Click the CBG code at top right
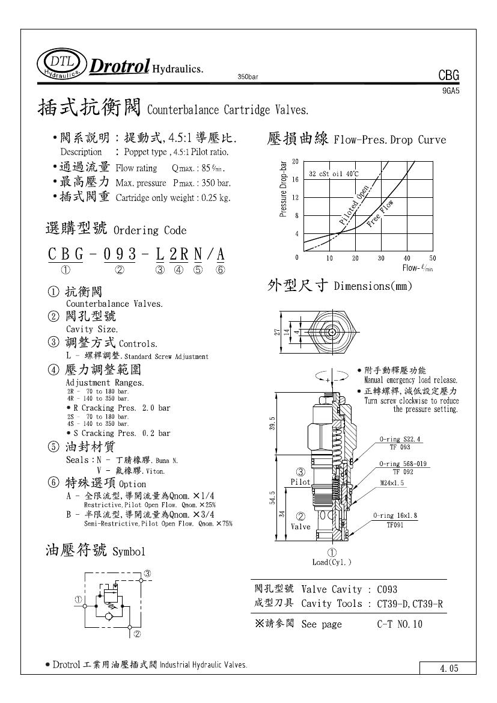(x=448, y=76)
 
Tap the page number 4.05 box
(x=448, y=668)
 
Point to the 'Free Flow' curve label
(x=380, y=212)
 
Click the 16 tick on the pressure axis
(x=295, y=180)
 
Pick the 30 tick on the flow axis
(x=381, y=258)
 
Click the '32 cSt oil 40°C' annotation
(x=334, y=174)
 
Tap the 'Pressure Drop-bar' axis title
(x=284, y=189)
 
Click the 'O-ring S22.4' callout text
(x=401, y=440)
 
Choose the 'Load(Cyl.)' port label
(x=332, y=562)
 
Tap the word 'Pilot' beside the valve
(x=300, y=482)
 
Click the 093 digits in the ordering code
(x=120, y=254)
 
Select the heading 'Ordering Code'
(x=150, y=230)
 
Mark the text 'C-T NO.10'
(x=400, y=624)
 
